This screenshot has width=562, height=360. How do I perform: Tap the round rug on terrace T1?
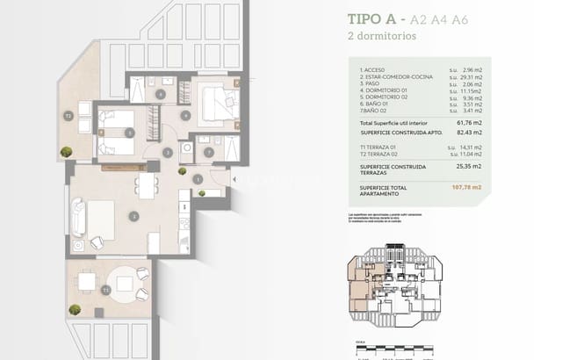(x=128, y=283)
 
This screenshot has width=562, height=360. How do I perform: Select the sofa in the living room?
(x=78, y=217)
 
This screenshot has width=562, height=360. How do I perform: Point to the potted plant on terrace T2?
(x=67, y=152)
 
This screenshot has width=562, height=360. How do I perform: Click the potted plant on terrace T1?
(x=75, y=309)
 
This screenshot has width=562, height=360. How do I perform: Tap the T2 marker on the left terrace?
(x=67, y=115)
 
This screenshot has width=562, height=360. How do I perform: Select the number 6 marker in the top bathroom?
(x=161, y=94)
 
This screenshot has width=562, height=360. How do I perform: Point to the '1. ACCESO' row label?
(x=373, y=68)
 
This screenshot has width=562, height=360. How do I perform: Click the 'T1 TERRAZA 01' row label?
(x=379, y=147)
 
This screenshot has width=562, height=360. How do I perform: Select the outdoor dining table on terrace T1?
(x=87, y=282)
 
